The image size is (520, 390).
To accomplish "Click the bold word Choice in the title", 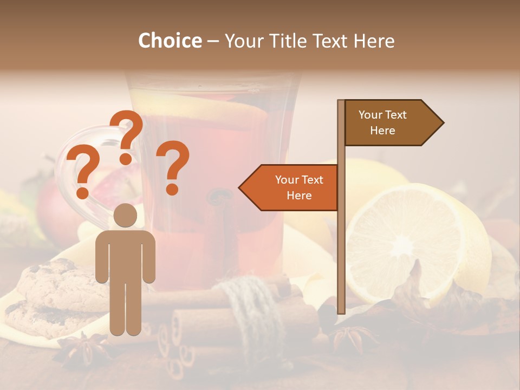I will point(170,41).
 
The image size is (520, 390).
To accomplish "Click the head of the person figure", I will point(126,215).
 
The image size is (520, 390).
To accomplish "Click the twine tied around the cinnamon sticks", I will point(251,309).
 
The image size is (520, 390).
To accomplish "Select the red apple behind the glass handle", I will point(54,206).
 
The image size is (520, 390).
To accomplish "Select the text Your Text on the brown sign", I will point(382,115).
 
